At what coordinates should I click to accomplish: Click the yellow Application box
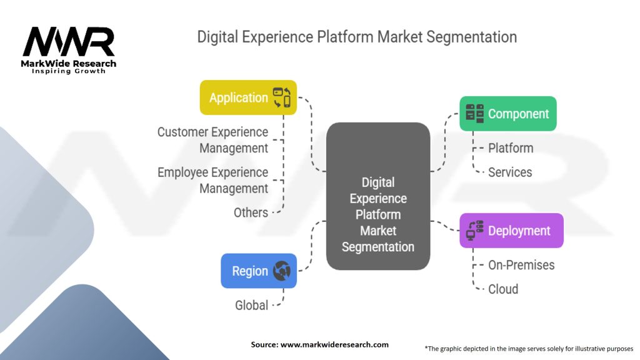pyautogui.click(x=248, y=97)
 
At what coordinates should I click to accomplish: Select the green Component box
pyautogui.click(x=507, y=114)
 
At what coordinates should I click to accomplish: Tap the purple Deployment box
pyautogui.click(x=511, y=231)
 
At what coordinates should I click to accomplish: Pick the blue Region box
pyautogui.click(x=259, y=271)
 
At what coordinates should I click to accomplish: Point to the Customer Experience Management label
pyautogui.click(x=212, y=140)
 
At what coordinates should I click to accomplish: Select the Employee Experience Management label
pyautogui.click(x=212, y=180)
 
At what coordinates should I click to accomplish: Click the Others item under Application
pyautogui.click(x=251, y=212)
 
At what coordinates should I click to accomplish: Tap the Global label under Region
pyautogui.click(x=251, y=305)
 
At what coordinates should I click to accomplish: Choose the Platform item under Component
pyautogui.click(x=511, y=148)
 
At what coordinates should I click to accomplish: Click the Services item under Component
pyautogui.click(x=510, y=172)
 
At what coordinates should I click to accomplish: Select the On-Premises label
pyautogui.click(x=521, y=265)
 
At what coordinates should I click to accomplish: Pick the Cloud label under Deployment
pyautogui.click(x=503, y=289)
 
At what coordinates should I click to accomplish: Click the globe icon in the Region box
pyautogui.click(x=282, y=271)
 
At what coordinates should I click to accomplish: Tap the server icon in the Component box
pyautogui.click(x=475, y=114)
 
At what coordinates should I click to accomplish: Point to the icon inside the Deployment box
pyautogui.click(x=475, y=231)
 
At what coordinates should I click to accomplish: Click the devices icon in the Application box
pyautogui.click(x=282, y=97)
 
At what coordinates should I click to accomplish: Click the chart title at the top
pyautogui.click(x=357, y=37)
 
